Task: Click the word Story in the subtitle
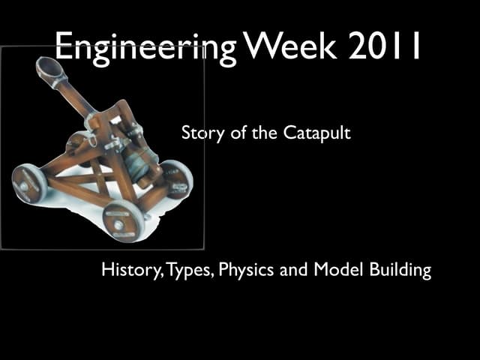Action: click(199, 134)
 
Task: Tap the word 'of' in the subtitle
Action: click(241, 135)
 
